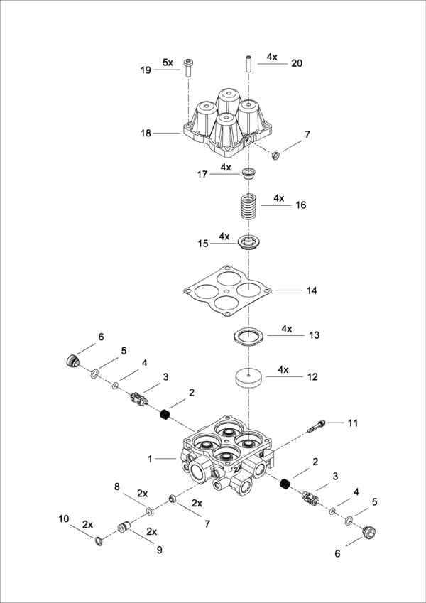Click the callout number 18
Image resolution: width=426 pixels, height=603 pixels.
tap(146, 133)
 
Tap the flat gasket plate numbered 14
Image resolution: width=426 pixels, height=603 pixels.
tap(227, 290)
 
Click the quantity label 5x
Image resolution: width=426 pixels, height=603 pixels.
tap(168, 63)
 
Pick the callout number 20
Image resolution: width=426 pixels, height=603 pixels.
tap(296, 63)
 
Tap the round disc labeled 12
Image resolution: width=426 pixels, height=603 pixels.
tap(248, 376)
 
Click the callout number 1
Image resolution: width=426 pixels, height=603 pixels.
tap(150, 459)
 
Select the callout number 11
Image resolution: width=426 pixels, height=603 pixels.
tap(353, 423)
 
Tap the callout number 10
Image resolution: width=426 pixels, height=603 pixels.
tap(64, 519)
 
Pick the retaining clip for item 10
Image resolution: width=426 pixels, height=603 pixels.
tap(99, 543)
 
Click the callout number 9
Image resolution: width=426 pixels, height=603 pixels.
tap(158, 549)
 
